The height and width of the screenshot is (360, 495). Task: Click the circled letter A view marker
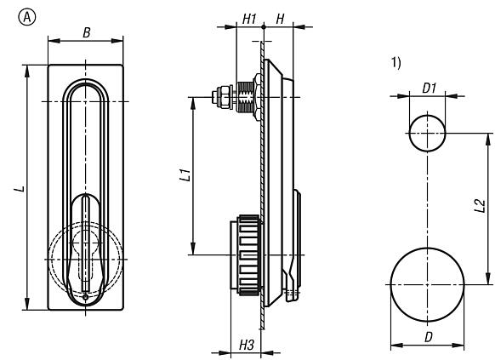(27, 17)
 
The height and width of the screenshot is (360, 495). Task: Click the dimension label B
(87, 32)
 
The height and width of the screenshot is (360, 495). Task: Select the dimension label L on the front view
(20, 189)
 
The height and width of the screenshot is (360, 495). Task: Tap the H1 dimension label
(249, 20)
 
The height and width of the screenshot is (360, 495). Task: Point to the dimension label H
(280, 20)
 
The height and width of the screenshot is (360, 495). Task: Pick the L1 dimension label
(185, 174)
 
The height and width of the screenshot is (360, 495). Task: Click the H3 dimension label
(247, 345)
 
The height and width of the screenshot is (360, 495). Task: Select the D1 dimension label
(429, 89)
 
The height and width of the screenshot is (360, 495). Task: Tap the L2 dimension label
(480, 206)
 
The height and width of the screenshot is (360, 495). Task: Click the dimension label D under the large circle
(428, 337)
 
